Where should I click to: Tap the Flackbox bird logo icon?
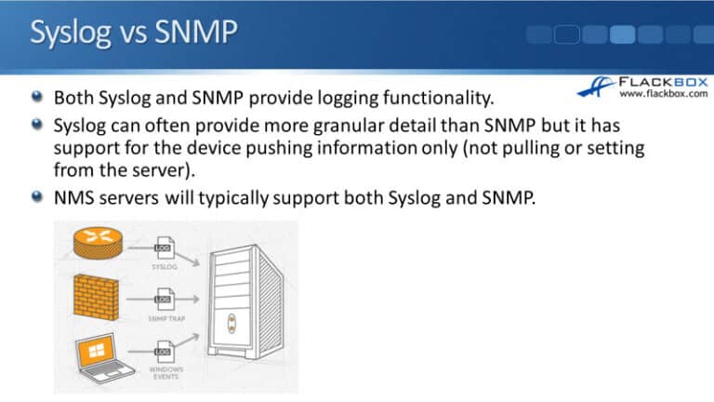pos(596,87)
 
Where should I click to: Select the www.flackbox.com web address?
pos(663,94)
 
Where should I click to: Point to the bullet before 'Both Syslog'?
pos(35,96)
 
